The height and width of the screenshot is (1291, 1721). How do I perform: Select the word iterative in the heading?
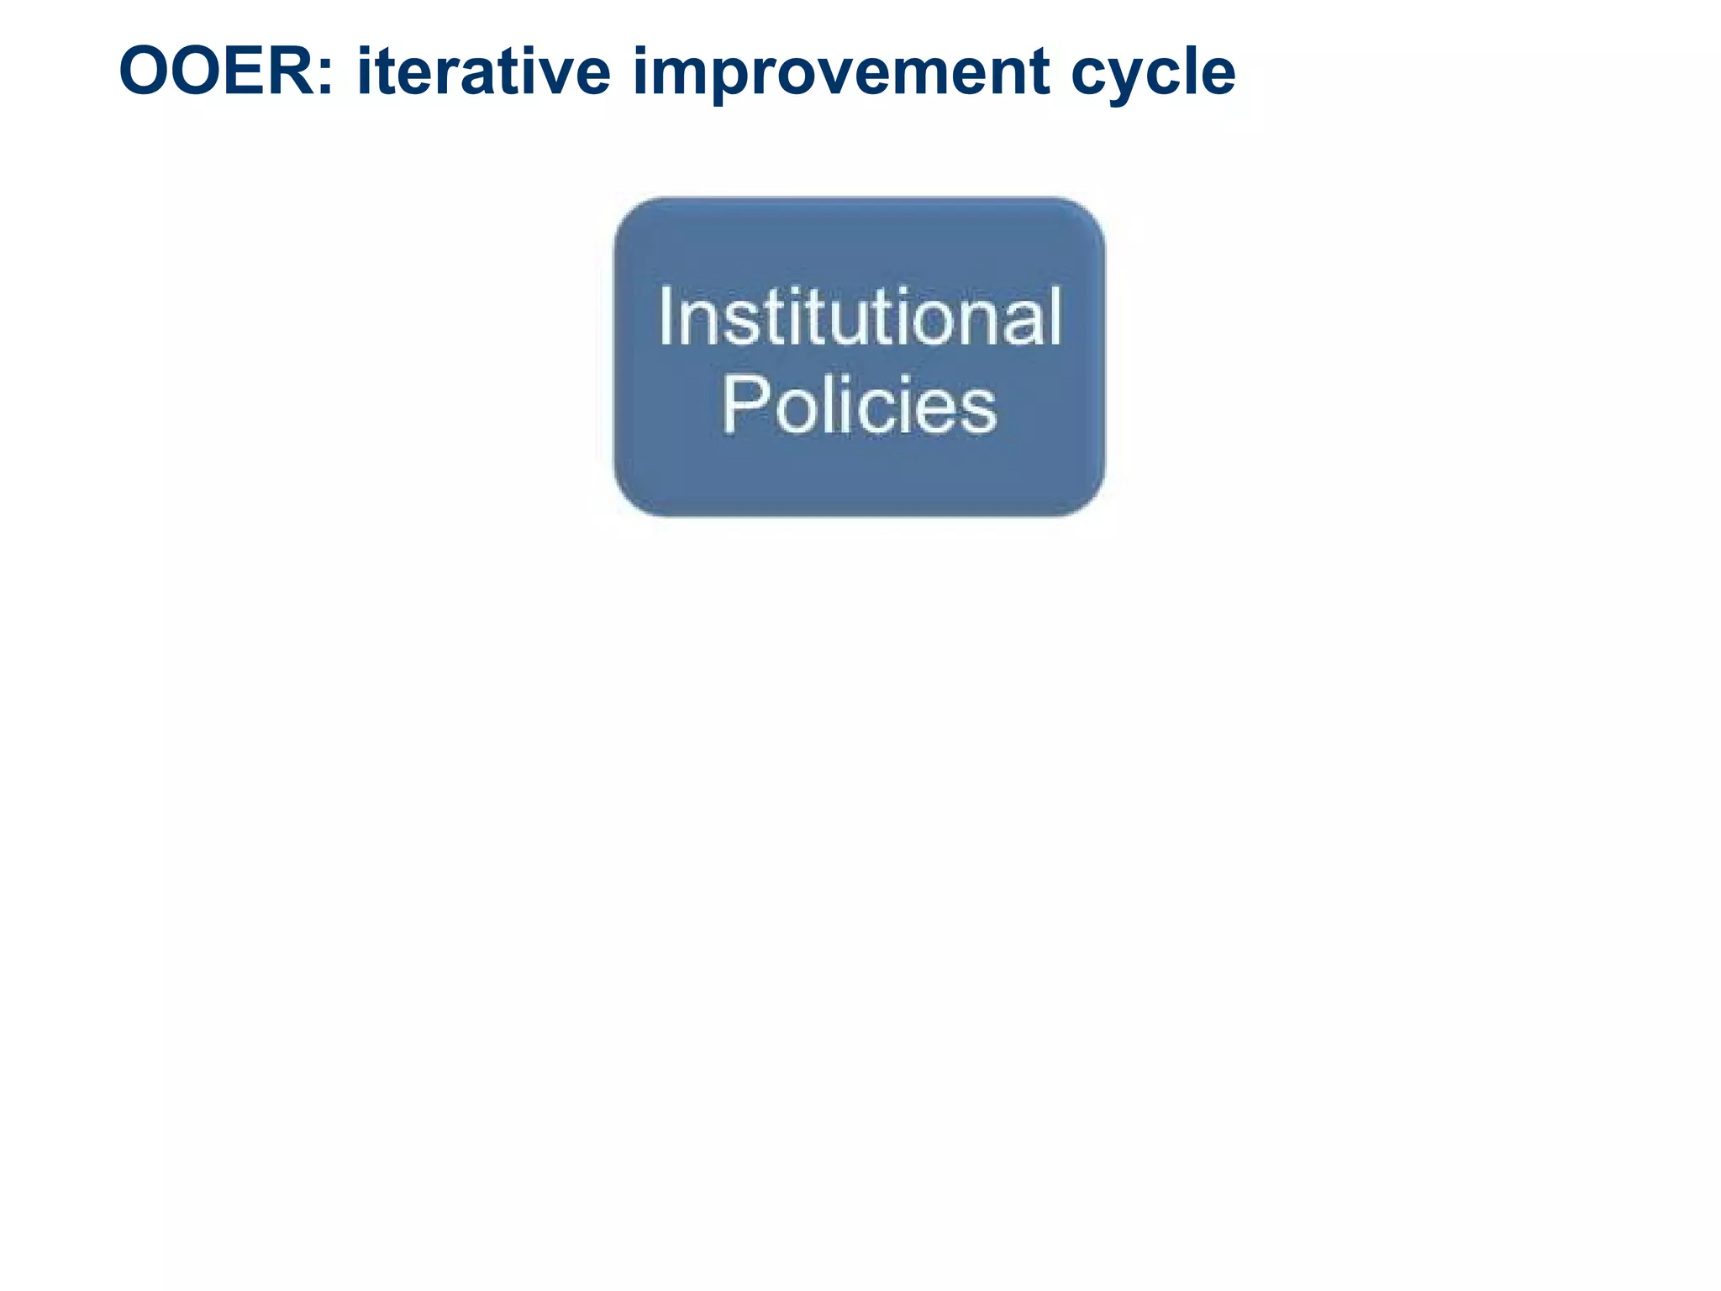(x=483, y=71)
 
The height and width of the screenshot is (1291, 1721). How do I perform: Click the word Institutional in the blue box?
(x=859, y=318)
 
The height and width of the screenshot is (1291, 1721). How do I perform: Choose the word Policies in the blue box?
(x=859, y=407)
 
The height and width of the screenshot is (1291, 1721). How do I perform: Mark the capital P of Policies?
(x=740, y=405)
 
